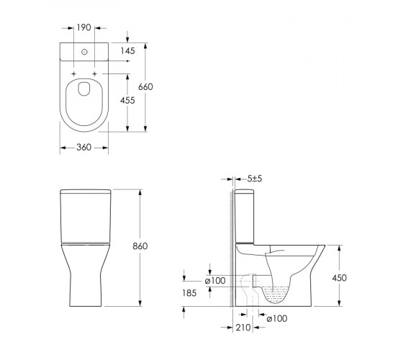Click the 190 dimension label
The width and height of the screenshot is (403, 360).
coord(84,27)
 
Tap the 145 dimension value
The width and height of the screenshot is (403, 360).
coord(128,51)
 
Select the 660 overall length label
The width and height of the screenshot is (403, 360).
coord(145,87)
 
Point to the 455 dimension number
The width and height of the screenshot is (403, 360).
coord(127,100)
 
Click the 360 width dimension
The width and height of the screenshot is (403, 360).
coord(83,148)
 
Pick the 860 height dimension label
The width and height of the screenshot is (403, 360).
coord(140,246)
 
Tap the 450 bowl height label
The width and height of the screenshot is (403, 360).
coord(339,278)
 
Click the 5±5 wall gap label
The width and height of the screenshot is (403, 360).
coord(255,179)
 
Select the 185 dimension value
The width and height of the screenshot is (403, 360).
coord(189,293)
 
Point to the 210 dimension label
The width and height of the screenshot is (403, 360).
coord(243,328)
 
